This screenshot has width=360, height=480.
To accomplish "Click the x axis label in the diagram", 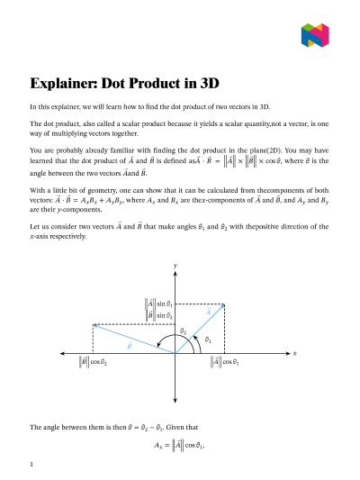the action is click(x=294, y=353).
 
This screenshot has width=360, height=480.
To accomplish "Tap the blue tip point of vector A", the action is click(x=223, y=304).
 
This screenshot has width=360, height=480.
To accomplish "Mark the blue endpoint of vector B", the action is click(x=93, y=324).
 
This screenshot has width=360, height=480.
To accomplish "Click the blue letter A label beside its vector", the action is click(x=208, y=312).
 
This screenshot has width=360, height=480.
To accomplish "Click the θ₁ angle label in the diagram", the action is click(x=208, y=340).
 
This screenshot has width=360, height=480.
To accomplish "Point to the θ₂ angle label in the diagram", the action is click(x=183, y=331).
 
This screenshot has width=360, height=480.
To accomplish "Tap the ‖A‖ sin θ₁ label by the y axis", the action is click(x=159, y=304).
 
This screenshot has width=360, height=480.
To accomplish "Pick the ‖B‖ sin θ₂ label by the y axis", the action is click(x=159, y=316).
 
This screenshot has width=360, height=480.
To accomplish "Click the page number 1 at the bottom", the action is click(x=31, y=465).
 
